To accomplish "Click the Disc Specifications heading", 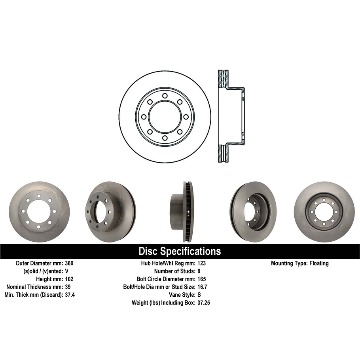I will click(x=180, y=251).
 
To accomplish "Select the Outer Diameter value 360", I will click(x=69, y=263).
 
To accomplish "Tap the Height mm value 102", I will click(x=69, y=279).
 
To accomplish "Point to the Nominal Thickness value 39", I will click(x=68, y=287).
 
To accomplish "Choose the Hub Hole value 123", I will click(x=201, y=263).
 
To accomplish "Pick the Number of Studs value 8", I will click(x=199, y=271).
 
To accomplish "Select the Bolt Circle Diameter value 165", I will click(x=201, y=279).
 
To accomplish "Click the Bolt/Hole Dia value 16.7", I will click(x=202, y=287).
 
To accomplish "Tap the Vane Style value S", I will click(x=199, y=295).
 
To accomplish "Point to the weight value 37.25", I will click(x=203, y=303).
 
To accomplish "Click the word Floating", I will click(x=318, y=263).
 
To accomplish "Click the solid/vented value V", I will click(x=66, y=271).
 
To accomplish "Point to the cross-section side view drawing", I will click(x=231, y=117).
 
